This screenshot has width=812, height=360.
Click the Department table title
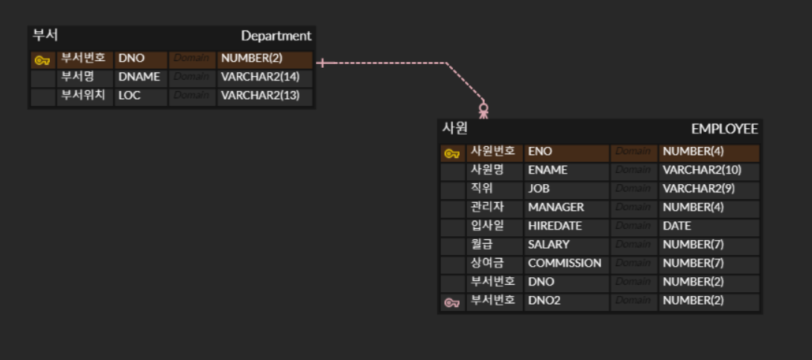pos(276,36)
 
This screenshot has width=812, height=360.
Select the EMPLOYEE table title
pos(724,129)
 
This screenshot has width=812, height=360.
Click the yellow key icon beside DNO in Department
pos(42,60)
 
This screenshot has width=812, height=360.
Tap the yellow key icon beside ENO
pos(451,154)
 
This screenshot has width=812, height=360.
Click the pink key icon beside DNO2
pos(451,303)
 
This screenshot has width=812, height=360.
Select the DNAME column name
pos(139,77)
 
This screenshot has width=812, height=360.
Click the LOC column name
pos(130,95)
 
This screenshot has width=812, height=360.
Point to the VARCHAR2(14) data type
pos(260,77)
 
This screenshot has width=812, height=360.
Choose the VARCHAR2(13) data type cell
pos(260,95)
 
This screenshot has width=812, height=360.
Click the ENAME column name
pos(548,170)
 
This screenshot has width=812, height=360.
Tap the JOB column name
pos(540,189)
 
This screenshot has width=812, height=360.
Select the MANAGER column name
pos(556,207)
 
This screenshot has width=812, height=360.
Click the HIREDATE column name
pos(555,226)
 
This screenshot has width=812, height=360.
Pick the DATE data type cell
pos(677,226)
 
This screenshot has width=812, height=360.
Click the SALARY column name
pos(549,244)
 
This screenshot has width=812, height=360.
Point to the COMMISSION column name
pos(565,263)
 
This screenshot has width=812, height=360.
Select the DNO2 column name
pos(545,300)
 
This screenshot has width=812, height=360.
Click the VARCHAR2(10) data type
pos(702,170)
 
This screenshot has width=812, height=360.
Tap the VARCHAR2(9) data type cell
pos(699,189)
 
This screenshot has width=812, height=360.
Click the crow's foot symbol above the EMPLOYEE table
pos(483,111)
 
